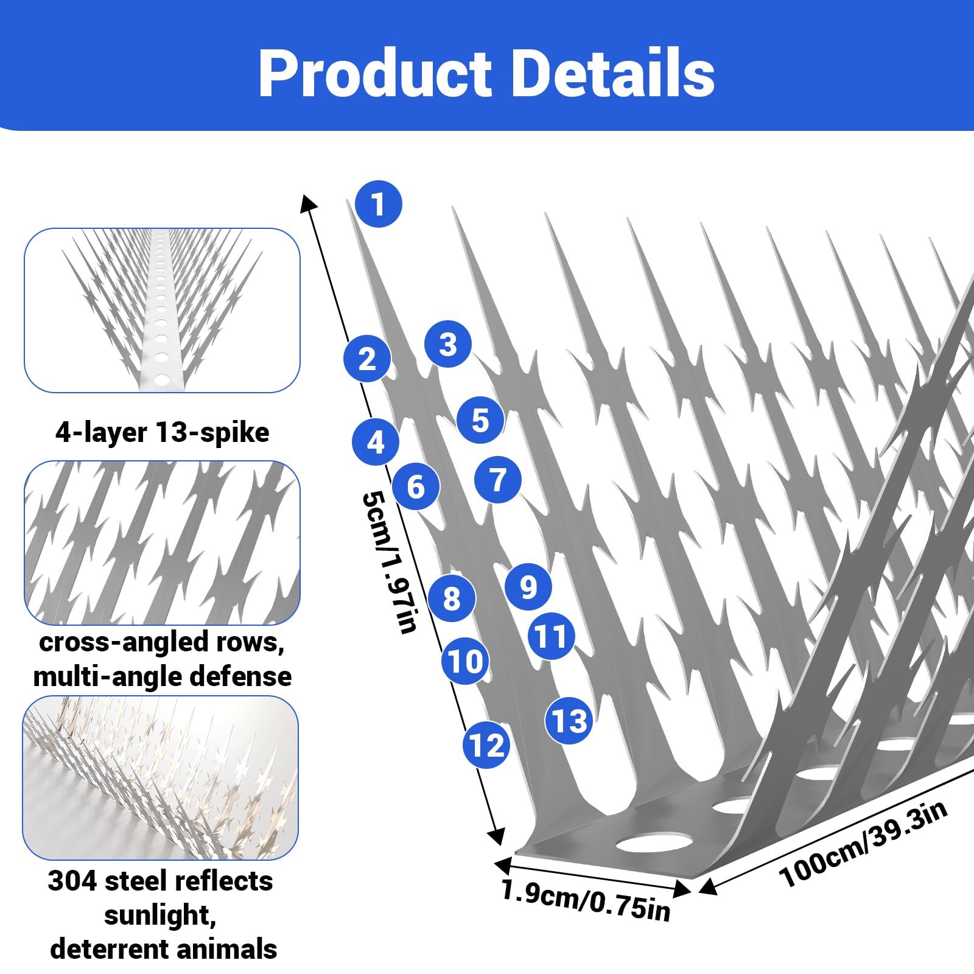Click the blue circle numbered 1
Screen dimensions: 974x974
click(x=379, y=204)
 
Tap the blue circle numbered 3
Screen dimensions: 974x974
click(x=448, y=344)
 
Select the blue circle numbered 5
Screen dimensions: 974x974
click(x=480, y=420)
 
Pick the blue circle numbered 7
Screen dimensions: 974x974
click(x=498, y=480)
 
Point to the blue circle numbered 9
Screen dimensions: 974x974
click(x=528, y=587)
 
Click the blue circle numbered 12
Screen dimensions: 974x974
click(x=486, y=745)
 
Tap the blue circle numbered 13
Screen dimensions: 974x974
click(x=569, y=721)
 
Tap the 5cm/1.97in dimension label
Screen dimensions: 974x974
click(x=390, y=562)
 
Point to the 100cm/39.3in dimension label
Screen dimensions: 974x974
click(x=863, y=844)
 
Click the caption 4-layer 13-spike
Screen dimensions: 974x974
click(x=162, y=433)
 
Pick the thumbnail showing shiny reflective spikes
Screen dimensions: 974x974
click(x=161, y=778)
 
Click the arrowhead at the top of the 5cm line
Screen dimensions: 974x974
click(x=308, y=203)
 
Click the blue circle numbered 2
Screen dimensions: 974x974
click(x=367, y=359)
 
